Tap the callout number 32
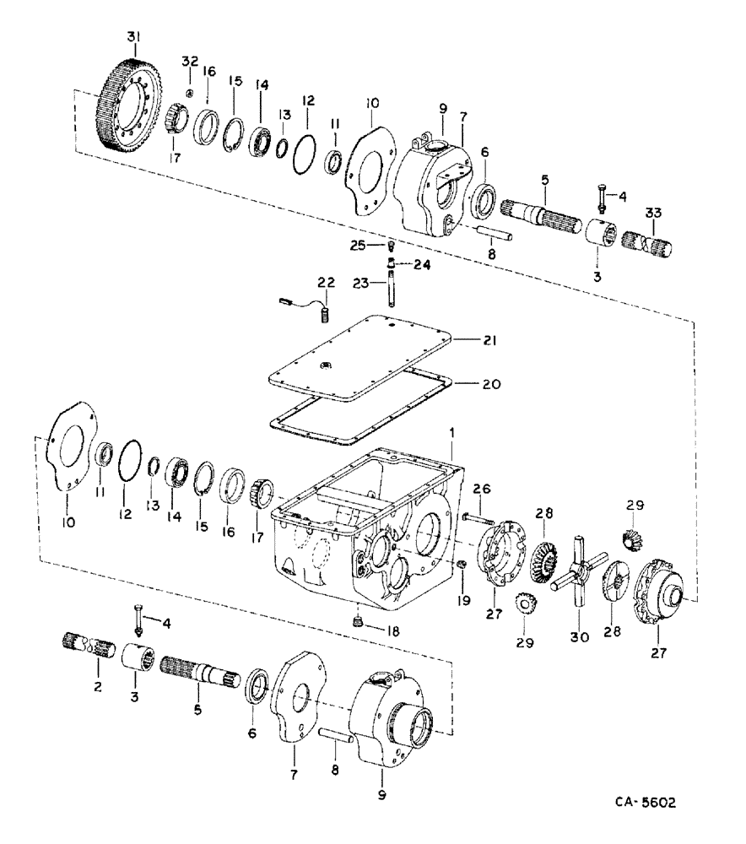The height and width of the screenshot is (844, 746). click(189, 61)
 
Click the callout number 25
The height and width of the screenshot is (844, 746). click(359, 245)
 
